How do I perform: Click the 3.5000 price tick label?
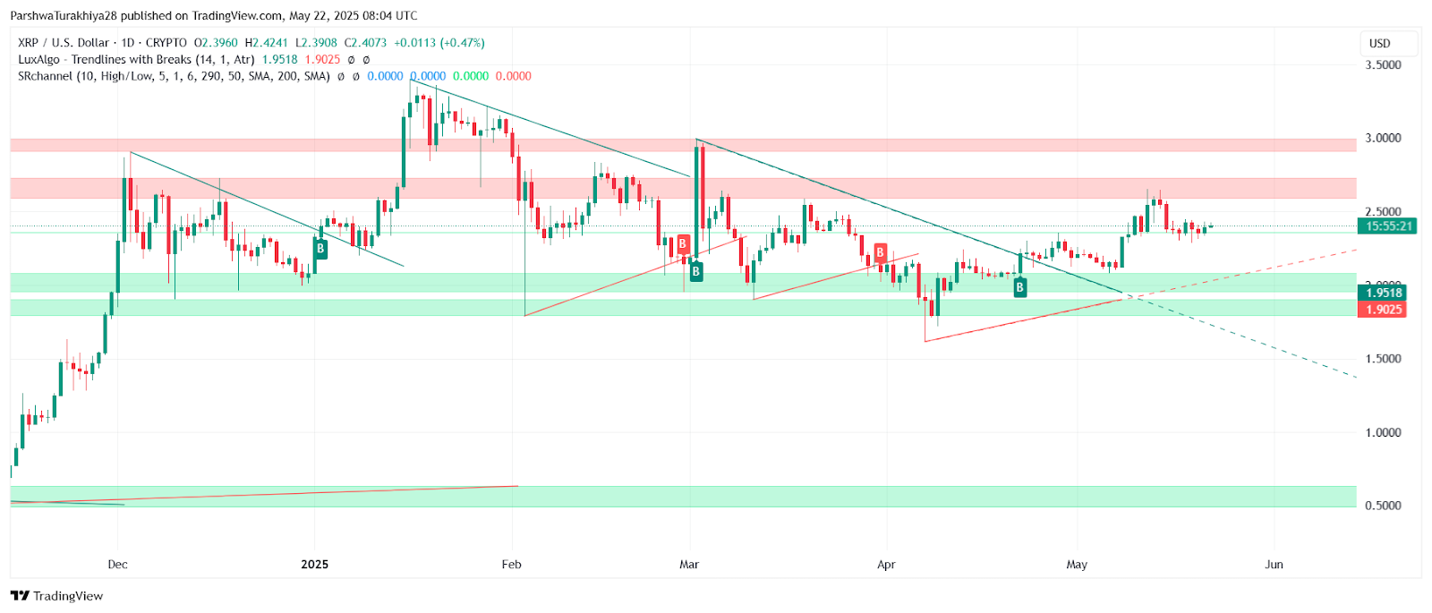point(1383,64)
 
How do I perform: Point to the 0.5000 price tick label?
point(1383,506)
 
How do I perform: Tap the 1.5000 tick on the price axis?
point(1383,359)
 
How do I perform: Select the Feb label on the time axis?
point(511,565)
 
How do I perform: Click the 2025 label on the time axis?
point(314,565)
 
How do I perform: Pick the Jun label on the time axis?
point(1274,565)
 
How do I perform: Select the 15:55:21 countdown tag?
point(1388,226)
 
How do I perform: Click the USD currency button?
point(1379,43)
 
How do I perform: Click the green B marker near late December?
point(320,249)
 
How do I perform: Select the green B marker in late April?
point(1019,287)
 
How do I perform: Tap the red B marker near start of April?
point(881,253)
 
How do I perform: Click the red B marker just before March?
point(683,244)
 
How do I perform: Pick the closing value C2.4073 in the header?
point(366,43)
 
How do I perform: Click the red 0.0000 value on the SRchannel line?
point(514,77)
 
